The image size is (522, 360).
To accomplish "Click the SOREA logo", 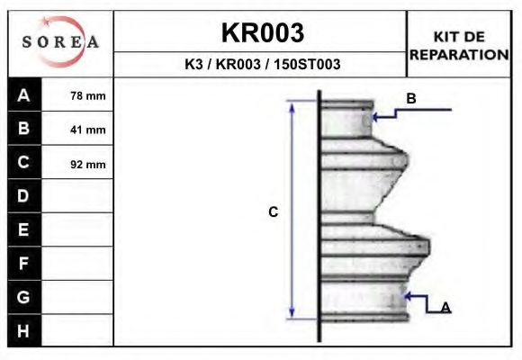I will pyautogui.click(x=60, y=42).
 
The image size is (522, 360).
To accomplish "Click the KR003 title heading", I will pyautogui.click(x=262, y=33).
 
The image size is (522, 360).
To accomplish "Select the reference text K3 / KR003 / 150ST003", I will pyautogui.click(x=262, y=65).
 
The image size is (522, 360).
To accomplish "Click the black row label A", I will pyautogui.click(x=24, y=95).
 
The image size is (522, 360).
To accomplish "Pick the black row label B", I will pyautogui.click(x=24, y=129).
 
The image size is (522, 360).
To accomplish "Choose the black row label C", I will pyautogui.click(x=24, y=163).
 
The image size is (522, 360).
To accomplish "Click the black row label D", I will pyautogui.click(x=24, y=196).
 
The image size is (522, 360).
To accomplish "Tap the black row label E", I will pyautogui.click(x=24, y=230).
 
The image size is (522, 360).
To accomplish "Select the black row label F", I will pyautogui.click(x=24, y=264).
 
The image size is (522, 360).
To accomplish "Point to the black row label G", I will pyautogui.click(x=24, y=297).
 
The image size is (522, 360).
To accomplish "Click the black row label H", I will pyautogui.click(x=24, y=331).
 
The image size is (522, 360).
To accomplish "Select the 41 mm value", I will pyautogui.click(x=87, y=130).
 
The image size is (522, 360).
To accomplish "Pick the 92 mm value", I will pyautogui.click(x=87, y=164).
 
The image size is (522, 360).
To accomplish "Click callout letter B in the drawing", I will pyautogui.click(x=411, y=99).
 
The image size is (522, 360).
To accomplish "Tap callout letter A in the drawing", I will pyautogui.click(x=445, y=308).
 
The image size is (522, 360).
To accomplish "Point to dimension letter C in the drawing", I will pyautogui.click(x=274, y=212).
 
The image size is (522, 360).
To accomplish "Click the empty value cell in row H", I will pyautogui.click(x=78, y=331).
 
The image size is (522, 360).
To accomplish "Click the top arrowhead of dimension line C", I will pyautogui.click(x=292, y=106).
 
